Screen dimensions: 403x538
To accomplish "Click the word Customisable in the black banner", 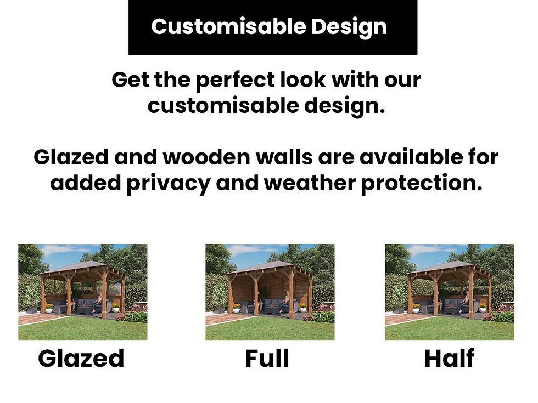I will [220, 27].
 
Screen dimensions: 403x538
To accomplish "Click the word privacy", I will [169, 183].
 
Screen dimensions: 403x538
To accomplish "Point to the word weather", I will [309, 183].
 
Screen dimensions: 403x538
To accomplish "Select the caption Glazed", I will [81, 359].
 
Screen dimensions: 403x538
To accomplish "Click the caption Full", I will [267, 359].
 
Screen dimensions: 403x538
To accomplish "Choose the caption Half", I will [449, 359].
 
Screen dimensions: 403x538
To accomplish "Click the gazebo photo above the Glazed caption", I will [82, 292].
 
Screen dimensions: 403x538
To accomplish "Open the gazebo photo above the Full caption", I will [270, 292].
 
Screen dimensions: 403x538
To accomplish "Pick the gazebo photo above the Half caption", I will [450, 292].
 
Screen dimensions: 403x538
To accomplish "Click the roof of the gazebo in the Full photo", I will [269, 267].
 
